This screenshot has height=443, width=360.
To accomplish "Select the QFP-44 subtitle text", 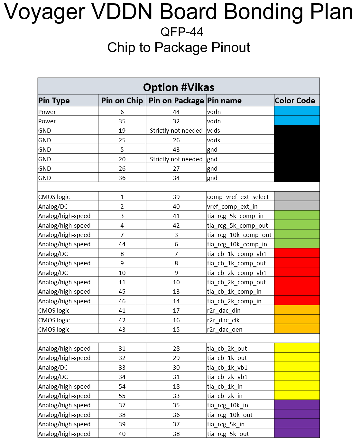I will [182, 32].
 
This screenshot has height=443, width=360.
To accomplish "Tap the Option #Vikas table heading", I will [179, 87].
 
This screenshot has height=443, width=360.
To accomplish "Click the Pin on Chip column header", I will [122, 100].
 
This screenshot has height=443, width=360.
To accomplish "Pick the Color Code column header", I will [295, 100].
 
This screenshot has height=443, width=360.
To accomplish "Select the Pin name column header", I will [224, 100].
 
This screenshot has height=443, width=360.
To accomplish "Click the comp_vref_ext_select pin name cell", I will [238, 197].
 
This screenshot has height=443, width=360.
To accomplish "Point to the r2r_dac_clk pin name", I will [223, 320].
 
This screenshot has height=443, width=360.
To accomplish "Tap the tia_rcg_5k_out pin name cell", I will [228, 434].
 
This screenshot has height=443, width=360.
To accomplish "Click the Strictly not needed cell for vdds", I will [176, 130].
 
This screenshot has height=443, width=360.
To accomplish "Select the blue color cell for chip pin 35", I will [297, 121].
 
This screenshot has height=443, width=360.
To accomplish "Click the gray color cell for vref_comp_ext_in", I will [297, 206].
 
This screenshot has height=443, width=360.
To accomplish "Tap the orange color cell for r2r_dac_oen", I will [297, 329].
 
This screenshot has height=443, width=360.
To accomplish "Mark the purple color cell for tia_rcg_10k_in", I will [297, 405].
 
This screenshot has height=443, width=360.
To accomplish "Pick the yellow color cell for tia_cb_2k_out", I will [297, 348].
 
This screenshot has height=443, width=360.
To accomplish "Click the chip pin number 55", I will [122, 396].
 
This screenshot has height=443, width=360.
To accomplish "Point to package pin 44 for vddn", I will [176, 112].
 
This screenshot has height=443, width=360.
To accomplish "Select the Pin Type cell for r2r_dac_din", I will [54, 310].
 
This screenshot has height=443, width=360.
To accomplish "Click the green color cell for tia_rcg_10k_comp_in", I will [297, 244].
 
